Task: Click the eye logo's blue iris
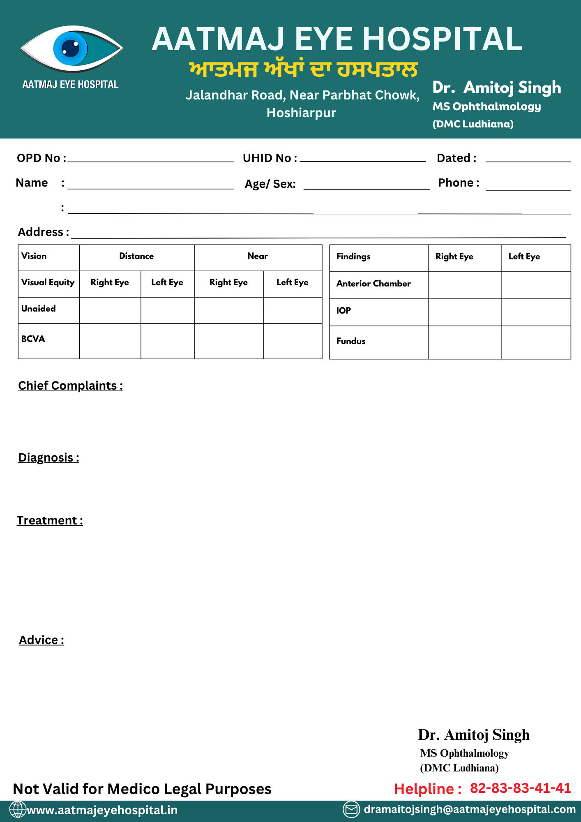click(70, 48)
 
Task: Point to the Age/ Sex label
click(270, 184)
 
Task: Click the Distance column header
click(136, 256)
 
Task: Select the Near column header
click(258, 256)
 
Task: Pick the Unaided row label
click(39, 309)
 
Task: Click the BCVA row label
click(33, 339)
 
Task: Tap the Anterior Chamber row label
click(373, 284)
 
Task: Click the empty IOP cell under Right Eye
click(465, 312)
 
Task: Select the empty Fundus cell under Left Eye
click(536, 342)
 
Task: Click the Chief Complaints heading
click(70, 386)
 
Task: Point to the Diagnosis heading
click(48, 458)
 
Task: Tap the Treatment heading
click(50, 521)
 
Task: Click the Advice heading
click(41, 640)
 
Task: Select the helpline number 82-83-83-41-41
click(520, 788)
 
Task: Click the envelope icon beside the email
click(351, 809)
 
